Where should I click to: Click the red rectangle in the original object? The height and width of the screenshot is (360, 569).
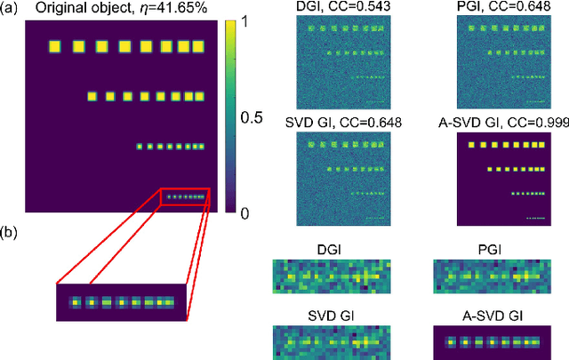[185, 196]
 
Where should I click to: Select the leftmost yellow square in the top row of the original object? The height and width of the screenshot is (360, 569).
[55, 46]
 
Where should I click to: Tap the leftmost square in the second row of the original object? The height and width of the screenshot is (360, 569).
[92, 95]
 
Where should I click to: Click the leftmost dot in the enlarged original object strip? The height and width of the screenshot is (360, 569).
[77, 303]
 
